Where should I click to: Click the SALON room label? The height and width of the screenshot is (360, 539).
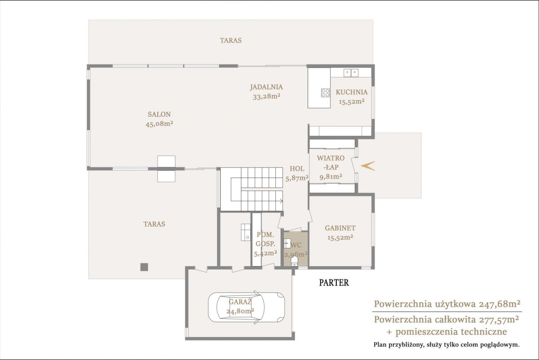[x=159, y=114]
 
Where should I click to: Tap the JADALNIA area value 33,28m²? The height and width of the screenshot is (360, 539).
[x=267, y=97]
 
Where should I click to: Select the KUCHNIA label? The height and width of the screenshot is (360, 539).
[x=352, y=92]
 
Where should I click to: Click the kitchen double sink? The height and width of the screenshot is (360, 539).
[x=351, y=73]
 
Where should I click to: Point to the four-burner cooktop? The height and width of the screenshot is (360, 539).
[x=325, y=93]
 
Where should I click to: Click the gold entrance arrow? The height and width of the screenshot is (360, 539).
[x=368, y=166]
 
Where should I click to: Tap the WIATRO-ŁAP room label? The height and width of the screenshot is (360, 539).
[x=331, y=163]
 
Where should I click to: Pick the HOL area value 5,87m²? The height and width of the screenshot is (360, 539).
[x=297, y=178]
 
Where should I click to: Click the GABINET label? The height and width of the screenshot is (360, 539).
[x=340, y=228]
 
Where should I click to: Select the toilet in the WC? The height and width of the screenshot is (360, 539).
[x=294, y=261]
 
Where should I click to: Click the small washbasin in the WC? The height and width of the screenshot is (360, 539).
[x=287, y=243]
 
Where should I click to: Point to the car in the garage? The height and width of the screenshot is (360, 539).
[x=247, y=307]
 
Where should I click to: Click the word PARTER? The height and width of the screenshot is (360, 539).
[x=334, y=283]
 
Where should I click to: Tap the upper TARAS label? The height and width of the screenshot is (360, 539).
[x=230, y=40]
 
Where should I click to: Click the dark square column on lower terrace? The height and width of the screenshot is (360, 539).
[x=144, y=267]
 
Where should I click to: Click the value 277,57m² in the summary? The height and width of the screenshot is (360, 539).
[x=498, y=320]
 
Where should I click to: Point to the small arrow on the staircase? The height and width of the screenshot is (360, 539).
[x=281, y=200]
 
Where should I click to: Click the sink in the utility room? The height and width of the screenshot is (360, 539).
[x=246, y=232]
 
